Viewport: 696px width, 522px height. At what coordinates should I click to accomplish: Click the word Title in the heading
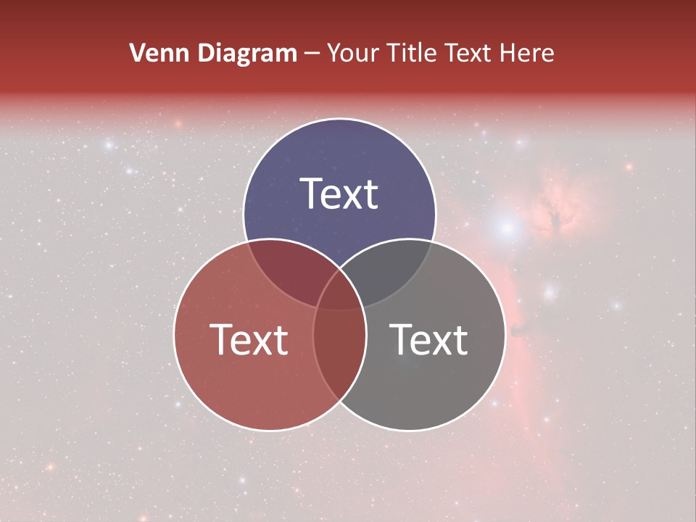point(410,53)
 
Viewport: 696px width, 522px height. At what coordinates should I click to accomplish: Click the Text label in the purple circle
point(339,194)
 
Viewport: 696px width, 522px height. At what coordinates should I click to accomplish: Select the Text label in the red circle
point(249,339)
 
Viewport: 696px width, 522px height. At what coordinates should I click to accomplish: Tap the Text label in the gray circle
point(428,339)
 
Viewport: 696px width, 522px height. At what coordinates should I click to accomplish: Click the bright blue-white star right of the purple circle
point(507,228)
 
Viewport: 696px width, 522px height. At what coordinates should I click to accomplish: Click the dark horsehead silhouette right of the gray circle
point(517,330)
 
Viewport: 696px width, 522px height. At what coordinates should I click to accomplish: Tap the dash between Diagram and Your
point(312,53)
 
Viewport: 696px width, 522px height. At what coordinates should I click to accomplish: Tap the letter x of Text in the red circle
point(262,341)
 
